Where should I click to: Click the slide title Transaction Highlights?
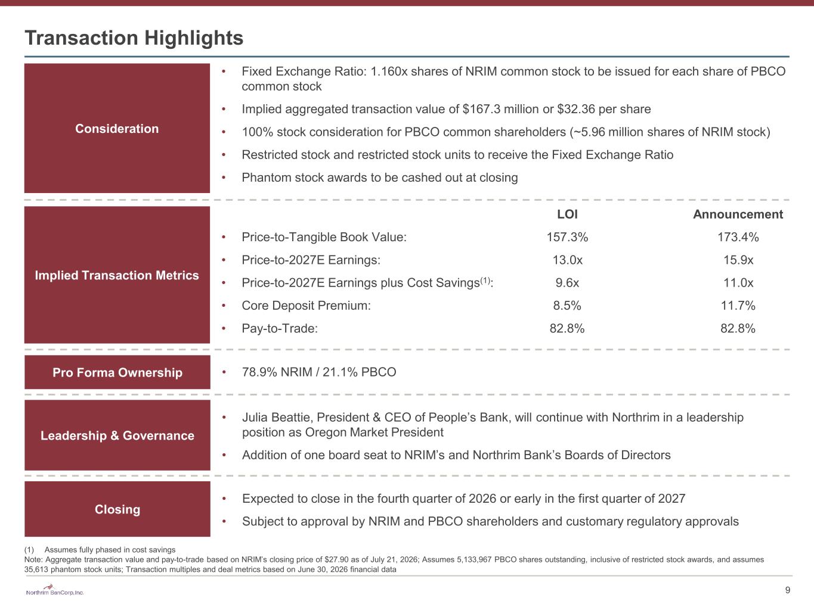click(134, 38)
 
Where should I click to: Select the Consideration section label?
click(117, 128)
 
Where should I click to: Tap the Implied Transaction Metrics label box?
click(117, 275)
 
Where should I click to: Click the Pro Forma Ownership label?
click(117, 372)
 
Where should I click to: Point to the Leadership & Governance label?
click(117, 435)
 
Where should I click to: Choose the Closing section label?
click(117, 509)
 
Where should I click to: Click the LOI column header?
click(567, 214)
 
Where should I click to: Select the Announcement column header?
click(738, 214)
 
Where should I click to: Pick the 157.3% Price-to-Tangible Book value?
click(567, 237)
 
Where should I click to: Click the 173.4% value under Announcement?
click(738, 237)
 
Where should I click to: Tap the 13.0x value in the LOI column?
click(567, 260)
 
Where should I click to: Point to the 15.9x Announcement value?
click(738, 260)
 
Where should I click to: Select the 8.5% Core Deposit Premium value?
click(567, 306)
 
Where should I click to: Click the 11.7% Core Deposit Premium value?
click(738, 306)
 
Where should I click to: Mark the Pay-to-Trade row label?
click(280, 328)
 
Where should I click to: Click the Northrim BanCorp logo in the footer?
click(54, 590)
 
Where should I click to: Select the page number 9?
click(788, 590)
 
